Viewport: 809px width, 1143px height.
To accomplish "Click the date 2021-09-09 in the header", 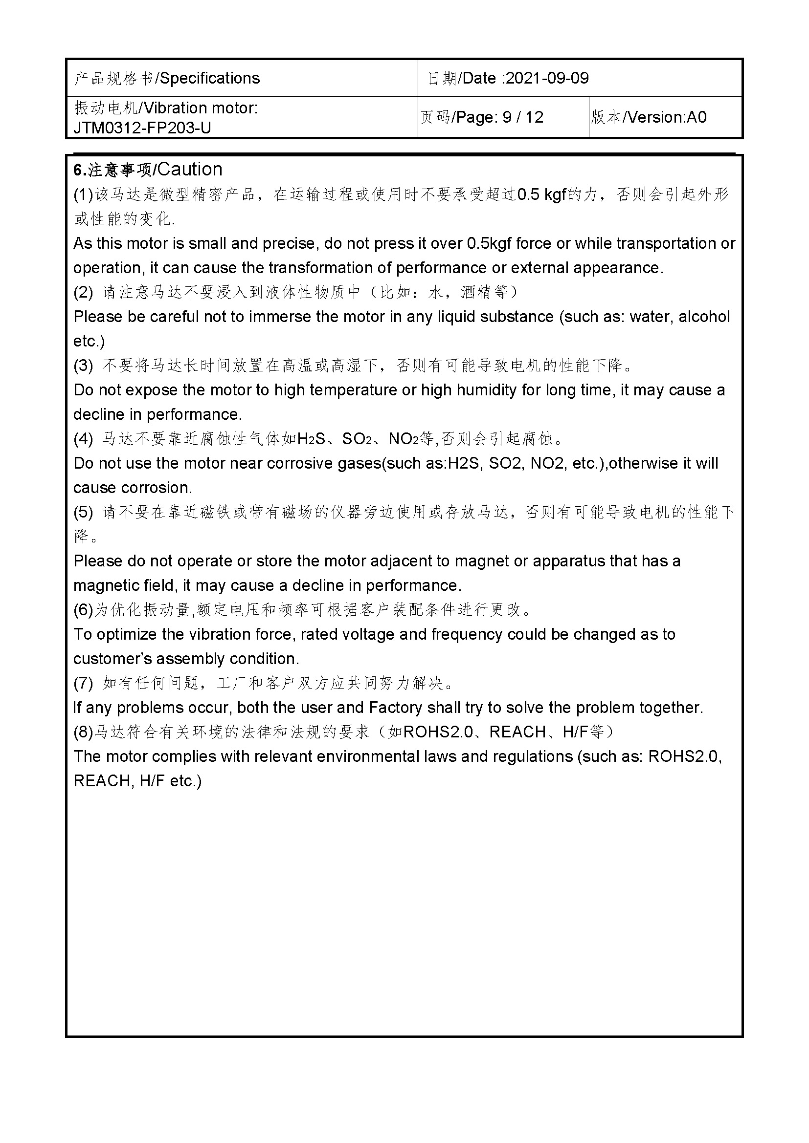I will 547,78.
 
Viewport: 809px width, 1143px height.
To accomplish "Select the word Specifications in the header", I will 210,78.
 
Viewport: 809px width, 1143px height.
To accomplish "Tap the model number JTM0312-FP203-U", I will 142,128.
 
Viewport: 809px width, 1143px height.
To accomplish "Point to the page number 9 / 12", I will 522,117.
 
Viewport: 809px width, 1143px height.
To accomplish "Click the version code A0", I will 697,117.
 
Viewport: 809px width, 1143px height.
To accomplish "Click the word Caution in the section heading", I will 189,169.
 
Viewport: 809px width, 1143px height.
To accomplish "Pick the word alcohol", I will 704,317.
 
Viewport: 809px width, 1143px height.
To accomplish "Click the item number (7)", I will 83,683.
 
